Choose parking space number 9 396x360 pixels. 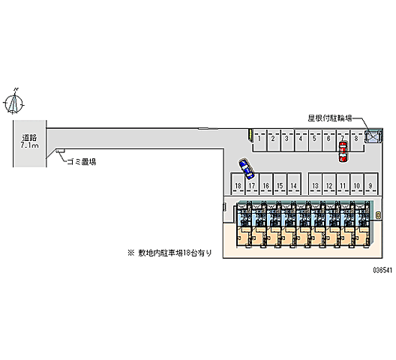point(370,185)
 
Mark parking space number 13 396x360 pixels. point(315,185)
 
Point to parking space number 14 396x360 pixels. point(294,185)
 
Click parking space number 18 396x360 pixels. point(238,185)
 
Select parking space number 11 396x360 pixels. point(343,185)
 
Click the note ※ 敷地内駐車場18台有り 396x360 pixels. point(169,253)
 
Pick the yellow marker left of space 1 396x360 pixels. point(249,136)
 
